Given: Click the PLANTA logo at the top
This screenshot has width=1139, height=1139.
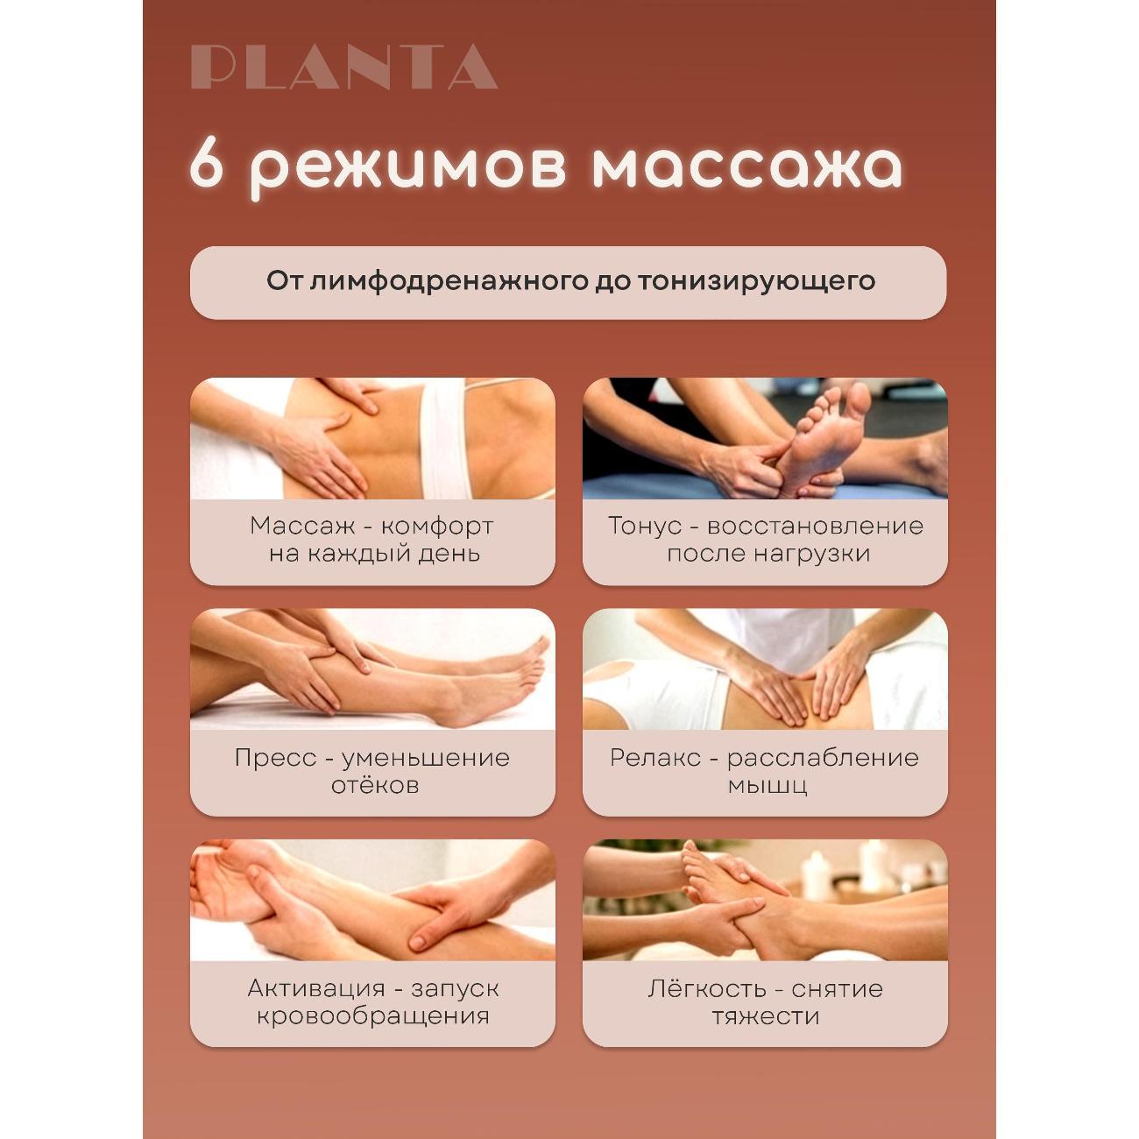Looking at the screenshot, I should (344, 67).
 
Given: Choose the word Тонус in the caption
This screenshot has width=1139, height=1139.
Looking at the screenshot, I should (645, 526).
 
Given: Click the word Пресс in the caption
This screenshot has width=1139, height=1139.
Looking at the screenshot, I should (274, 757).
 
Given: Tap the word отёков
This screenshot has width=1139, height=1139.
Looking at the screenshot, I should (374, 785).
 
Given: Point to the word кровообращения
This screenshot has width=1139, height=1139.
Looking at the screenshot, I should (371, 1016).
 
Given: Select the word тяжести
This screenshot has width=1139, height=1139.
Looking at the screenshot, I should (765, 1016).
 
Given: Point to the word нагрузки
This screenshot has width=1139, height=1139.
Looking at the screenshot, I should (815, 554).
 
